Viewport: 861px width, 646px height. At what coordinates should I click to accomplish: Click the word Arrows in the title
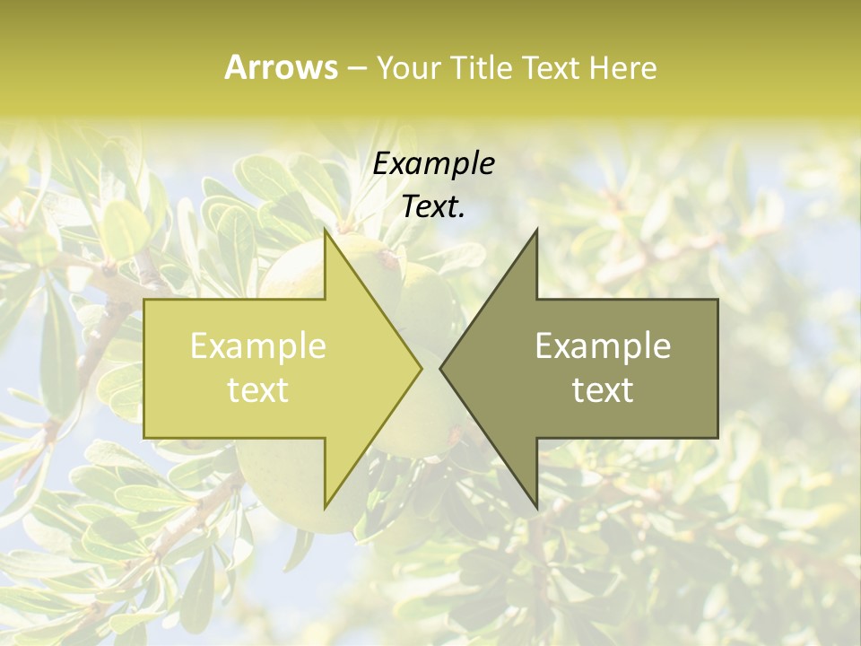click(281, 67)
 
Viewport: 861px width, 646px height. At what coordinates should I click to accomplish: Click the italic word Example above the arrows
click(433, 163)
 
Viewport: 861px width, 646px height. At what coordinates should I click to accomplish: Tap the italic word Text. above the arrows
click(433, 207)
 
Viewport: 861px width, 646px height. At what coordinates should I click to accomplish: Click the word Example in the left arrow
click(257, 346)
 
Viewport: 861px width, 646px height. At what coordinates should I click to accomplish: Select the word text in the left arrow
click(257, 390)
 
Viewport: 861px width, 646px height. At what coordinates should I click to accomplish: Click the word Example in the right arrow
click(603, 346)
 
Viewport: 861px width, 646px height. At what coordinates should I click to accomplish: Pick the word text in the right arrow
click(603, 390)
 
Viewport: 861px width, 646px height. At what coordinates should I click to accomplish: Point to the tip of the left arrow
click(422, 368)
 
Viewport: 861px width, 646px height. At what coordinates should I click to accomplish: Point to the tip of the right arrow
click(440, 368)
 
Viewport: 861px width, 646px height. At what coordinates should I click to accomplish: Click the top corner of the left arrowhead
click(325, 231)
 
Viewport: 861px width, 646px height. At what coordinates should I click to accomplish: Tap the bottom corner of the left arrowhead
click(325, 508)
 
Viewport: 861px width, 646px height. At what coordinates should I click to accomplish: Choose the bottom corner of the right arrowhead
click(536, 508)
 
